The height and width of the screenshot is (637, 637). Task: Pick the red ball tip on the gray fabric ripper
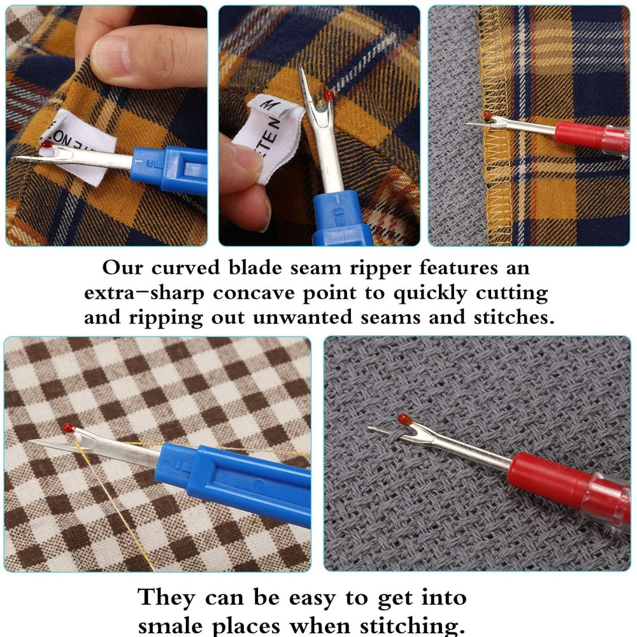(404, 419)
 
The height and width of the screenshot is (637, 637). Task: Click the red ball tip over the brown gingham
(68, 428)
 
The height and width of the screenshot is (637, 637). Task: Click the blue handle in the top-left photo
(169, 169)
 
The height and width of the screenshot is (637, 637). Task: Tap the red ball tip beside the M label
(329, 96)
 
